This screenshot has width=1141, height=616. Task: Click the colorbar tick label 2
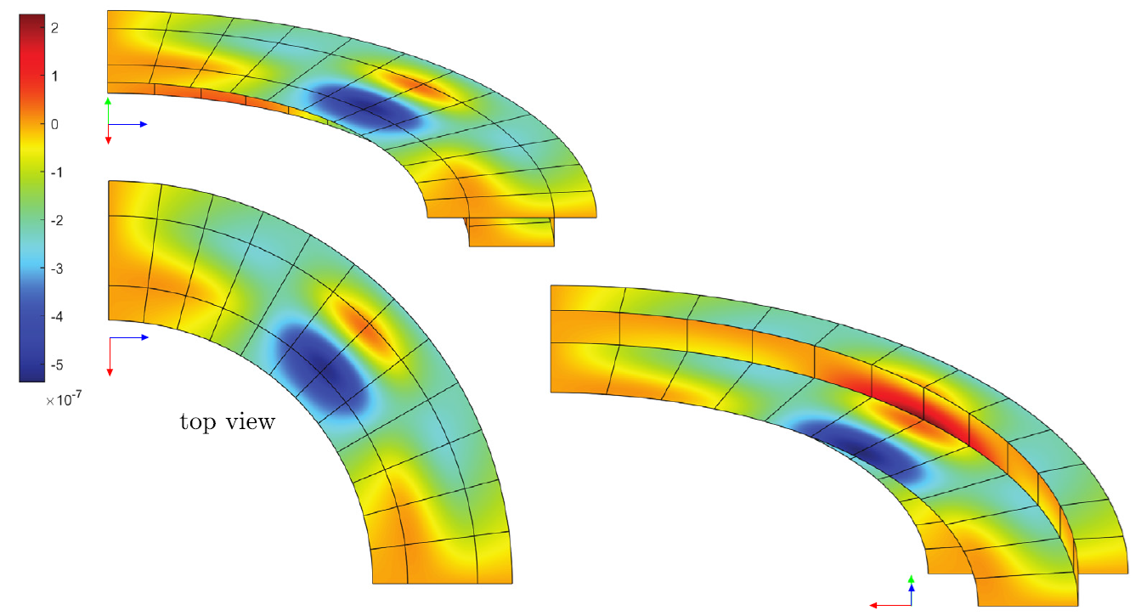click(x=54, y=28)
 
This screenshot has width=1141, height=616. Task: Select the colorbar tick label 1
click(x=54, y=76)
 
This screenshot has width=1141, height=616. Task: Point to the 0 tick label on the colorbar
click(x=54, y=124)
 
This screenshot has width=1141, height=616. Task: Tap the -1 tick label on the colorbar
click(x=57, y=172)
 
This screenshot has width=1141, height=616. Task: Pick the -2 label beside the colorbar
click(x=57, y=221)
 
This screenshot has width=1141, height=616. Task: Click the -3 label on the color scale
click(x=57, y=268)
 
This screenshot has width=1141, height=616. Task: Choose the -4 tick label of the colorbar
click(x=57, y=317)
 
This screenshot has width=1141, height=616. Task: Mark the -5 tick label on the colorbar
click(x=57, y=365)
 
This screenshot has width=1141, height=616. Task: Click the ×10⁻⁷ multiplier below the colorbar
click(x=64, y=399)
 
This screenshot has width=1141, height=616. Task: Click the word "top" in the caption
click(x=199, y=423)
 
